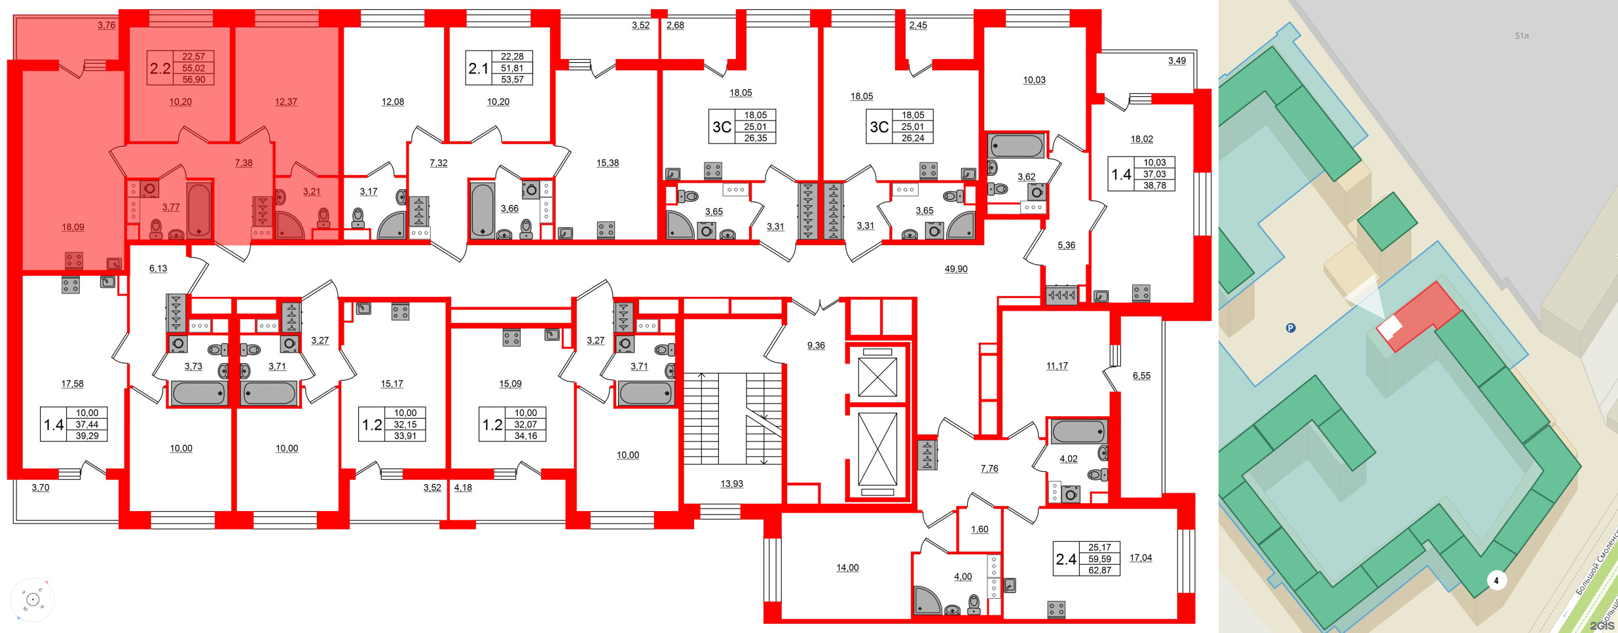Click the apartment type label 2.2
tap(160, 68)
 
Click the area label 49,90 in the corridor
tap(956, 269)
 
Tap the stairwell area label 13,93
tap(731, 484)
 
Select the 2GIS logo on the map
tap(1602, 625)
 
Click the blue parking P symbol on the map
tap(1291, 328)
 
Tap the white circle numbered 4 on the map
tap(1496, 580)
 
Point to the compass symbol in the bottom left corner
tap(33, 600)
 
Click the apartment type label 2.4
tap(1066, 559)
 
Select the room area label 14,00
tap(847, 567)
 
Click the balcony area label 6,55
tap(1141, 375)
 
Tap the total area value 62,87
tap(1099, 570)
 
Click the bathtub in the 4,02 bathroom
tap(1078, 432)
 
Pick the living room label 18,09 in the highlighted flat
tap(73, 227)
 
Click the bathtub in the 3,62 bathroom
tap(1016, 146)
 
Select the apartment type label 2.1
tap(479, 68)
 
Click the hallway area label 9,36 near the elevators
tap(816, 345)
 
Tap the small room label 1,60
tap(980, 529)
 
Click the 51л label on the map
tap(1522, 36)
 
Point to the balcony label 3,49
tap(1177, 61)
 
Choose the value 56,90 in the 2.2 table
tap(193, 79)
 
